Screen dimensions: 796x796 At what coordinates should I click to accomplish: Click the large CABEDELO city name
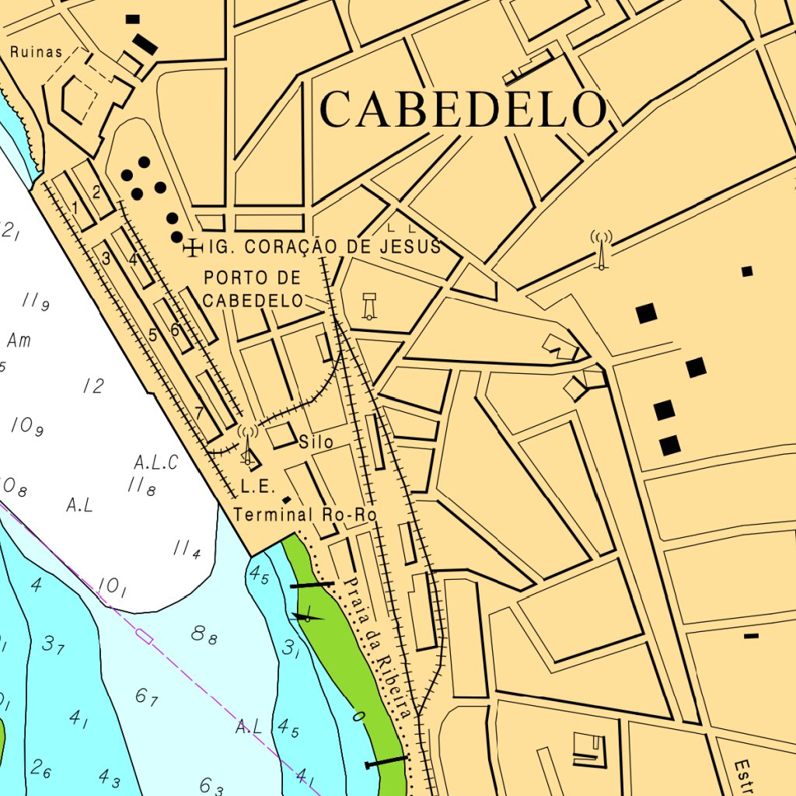point(463,109)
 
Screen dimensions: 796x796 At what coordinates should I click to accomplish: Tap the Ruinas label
point(36,53)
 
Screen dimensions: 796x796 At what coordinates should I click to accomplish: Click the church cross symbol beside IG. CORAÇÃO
point(191,248)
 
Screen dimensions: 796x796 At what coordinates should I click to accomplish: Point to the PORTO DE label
point(252,278)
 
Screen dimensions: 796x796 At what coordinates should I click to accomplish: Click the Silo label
point(316,442)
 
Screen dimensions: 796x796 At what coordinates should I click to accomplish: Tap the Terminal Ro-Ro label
point(305,515)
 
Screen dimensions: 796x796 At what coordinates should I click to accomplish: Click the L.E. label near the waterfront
point(258,487)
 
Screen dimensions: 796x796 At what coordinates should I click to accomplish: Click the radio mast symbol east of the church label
point(600,250)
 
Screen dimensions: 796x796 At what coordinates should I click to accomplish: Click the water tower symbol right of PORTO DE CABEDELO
point(369,305)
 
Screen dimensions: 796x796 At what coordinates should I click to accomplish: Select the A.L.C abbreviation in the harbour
point(155,463)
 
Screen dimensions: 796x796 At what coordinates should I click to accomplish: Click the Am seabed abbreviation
point(19,340)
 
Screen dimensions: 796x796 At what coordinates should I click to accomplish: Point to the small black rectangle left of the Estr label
point(751,636)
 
